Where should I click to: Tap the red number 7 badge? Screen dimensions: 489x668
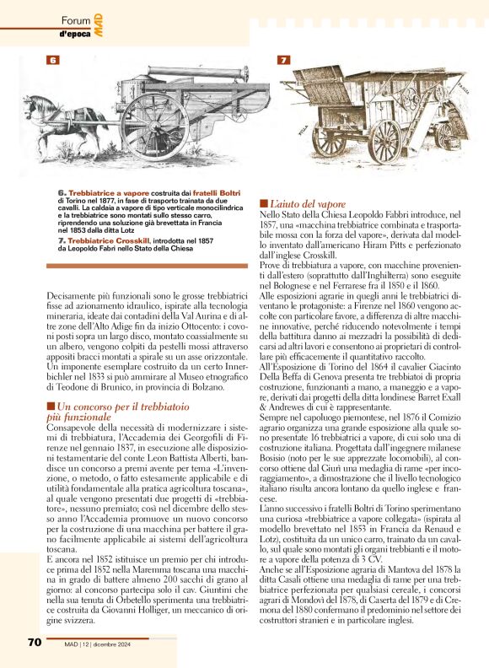click(x=283, y=60)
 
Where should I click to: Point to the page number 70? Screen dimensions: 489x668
click(x=34, y=642)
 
